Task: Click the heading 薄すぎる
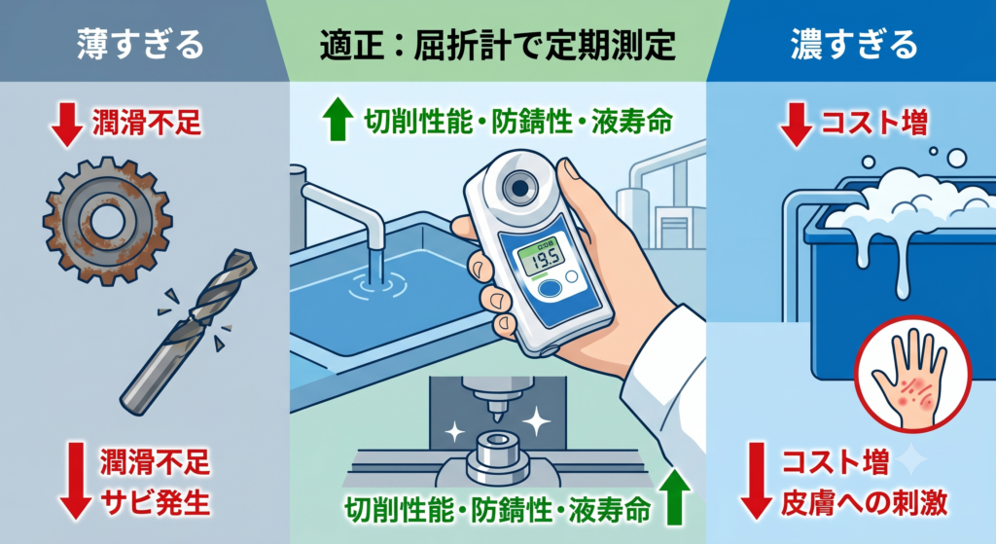(140, 45)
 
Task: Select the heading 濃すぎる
(854, 45)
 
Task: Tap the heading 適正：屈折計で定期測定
(497, 45)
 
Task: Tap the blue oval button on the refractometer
(550, 288)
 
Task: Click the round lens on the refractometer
(519, 187)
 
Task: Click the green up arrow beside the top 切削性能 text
(338, 119)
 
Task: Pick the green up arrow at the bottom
(675, 499)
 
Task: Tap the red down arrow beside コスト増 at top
(796, 125)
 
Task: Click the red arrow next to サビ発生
(76, 481)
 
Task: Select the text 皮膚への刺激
(864, 503)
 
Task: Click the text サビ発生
(156, 503)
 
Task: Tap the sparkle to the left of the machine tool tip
(454, 432)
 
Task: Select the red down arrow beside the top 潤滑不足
(67, 125)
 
